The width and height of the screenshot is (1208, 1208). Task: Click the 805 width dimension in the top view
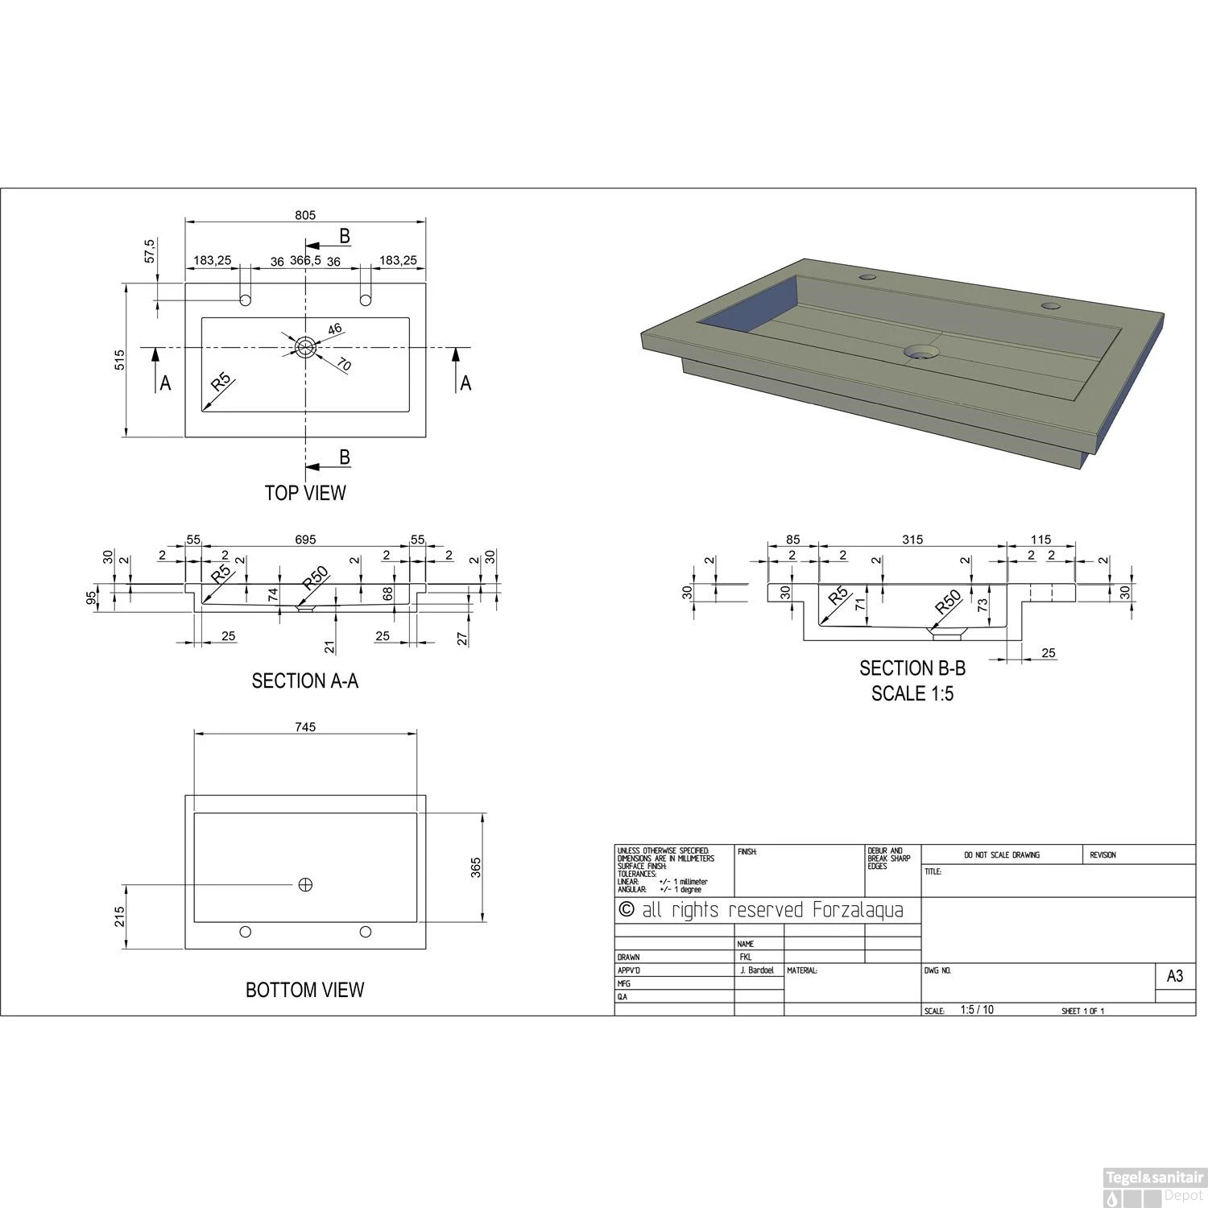tap(305, 215)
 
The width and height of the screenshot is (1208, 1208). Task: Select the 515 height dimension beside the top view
tap(119, 359)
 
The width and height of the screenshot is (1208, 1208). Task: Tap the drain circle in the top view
tap(305, 347)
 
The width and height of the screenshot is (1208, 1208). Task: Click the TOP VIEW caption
tap(305, 493)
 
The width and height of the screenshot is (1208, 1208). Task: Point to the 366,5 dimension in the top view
tap(305, 261)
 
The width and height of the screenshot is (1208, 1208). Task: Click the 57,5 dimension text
tap(149, 250)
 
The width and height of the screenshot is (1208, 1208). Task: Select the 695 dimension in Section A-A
tap(305, 540)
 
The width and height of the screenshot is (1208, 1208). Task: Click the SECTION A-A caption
tap(305, 681)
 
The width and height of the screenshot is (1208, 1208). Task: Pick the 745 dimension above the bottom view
tap(305, 726)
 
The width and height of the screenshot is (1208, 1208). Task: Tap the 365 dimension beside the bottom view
tap(476, 867)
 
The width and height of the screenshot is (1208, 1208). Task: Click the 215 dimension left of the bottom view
tap(119, 916)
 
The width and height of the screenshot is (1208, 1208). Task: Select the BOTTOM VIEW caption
tap(305, 990)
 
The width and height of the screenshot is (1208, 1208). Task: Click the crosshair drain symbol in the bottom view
tap(305, 885)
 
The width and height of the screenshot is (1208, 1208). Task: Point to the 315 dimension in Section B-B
tap(912, 540)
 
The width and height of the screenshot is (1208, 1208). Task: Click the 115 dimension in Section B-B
tap(1040, 540)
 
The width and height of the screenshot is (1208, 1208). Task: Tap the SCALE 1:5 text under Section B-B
tap(912, 693)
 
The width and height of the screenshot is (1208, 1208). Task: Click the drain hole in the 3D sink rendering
tap(921, 352)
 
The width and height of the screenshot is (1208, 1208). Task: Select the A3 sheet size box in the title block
tap(1175, 976)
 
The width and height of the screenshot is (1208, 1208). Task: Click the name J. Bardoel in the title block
tap(757, 970)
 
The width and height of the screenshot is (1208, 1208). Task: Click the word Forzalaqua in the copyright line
tap(858, 911)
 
